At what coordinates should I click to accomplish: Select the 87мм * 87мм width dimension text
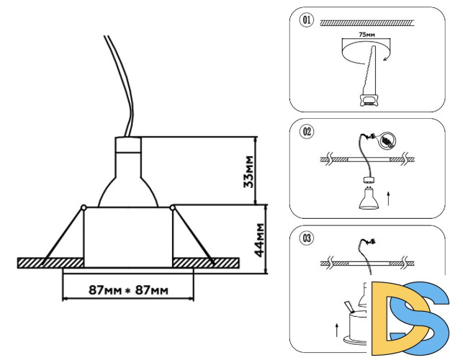click(128, 290)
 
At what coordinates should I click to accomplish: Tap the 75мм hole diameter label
click(367, 34)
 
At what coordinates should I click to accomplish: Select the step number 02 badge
click(307, 131)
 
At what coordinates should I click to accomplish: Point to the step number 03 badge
click(307, 237)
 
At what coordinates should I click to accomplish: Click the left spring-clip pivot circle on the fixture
click(84, 208)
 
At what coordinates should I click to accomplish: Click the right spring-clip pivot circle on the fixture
click(174, 208)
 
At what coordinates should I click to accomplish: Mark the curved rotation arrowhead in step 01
click(387, 62)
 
